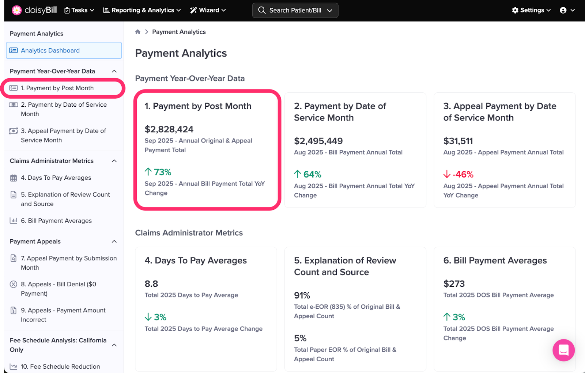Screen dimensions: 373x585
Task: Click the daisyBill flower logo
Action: click(x=16, y=10)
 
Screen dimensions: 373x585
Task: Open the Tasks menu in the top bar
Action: click(x=79, y=10)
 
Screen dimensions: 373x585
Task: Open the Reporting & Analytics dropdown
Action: click(x=142, y=10)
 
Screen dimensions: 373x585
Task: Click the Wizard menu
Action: click(x=208, y=10)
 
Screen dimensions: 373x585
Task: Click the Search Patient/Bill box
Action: click(x=295, y=10)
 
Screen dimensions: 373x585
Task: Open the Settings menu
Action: click(x=531, y=10)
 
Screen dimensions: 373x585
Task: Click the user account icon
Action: click(x=563, y=10)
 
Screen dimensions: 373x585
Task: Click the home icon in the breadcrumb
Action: click(x=138, y=32)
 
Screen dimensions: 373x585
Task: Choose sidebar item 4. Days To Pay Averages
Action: click(x=56, y=178)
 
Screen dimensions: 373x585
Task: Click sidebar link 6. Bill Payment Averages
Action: click(x=56, y=221)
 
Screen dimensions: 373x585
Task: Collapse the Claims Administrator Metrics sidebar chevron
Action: click(x=114, y=161)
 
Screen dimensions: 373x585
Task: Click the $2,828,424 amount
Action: click(x=169, y=129)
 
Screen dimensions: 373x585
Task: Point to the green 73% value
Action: click(x=162, y=172)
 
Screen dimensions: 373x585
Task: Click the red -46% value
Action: click(x=463, y=175)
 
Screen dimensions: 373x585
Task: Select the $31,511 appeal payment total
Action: click(x=458, y=141)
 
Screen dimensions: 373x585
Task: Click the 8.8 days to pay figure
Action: click(x=151, y=284)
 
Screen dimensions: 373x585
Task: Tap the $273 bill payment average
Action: click(x=454, y=284)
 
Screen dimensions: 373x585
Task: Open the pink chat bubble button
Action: click(x=563, y=350)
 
